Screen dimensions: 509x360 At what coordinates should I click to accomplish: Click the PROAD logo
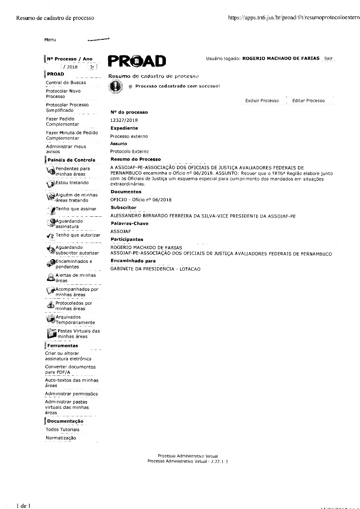coord(137,61)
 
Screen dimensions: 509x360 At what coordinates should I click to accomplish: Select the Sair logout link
coord(328,58)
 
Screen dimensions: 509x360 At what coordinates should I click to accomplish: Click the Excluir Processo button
coord(262,101)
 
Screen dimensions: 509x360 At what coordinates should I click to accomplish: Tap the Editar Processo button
coord(308,101)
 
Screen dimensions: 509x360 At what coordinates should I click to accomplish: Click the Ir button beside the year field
coord(92,67)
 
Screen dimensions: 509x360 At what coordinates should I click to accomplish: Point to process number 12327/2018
coord(124,120)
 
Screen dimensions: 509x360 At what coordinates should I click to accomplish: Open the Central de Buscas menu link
coord(66,83)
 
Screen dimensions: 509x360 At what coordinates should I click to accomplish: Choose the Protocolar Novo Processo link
coord(63,94)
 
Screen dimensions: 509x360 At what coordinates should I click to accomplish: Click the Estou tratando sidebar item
coord(72,183)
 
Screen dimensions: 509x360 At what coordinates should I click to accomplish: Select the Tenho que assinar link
coord(76,209)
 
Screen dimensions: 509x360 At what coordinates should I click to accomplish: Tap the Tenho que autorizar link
coord(78,235)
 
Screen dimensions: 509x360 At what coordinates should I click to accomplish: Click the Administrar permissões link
coord(71,394)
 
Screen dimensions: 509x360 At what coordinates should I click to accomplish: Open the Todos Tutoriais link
coord(62,429)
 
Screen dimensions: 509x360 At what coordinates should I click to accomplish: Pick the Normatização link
coord(60,438)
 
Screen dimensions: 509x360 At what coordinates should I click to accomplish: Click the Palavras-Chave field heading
coord(129,223)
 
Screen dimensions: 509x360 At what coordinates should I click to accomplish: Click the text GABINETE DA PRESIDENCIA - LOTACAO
coord(155,269)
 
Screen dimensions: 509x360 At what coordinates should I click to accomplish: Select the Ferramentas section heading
coord(62,346)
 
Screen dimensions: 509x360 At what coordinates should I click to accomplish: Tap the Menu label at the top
coord(50,40)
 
